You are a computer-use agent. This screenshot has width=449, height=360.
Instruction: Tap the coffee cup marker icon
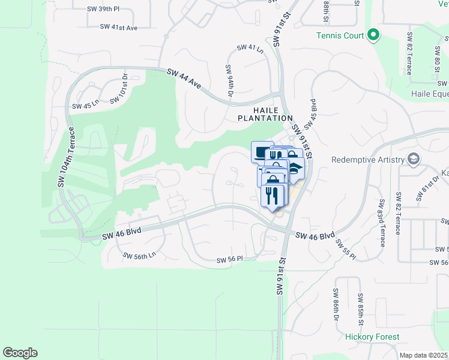point(262,151)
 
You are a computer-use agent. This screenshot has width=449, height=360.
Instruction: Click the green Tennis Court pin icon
point(373,35)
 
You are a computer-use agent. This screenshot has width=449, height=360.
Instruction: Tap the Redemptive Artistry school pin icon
point(413,159)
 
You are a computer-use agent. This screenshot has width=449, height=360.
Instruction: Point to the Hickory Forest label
point(372,337)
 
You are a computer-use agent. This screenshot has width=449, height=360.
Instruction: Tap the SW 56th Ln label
point(139,256)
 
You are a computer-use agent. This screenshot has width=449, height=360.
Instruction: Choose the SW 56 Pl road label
point(229,260)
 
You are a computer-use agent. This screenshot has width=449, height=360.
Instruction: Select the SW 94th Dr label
point(229,81)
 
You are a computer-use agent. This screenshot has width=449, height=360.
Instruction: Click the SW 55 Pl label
point(345,249)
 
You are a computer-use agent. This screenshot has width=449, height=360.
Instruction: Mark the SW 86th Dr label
point(335,304)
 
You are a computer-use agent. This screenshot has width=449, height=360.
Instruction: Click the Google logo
point(20,353)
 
